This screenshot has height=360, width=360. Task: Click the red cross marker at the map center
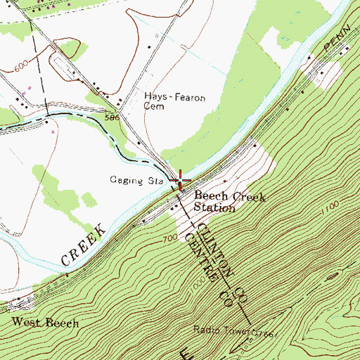coord(180,180)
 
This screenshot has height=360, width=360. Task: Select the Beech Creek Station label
coord(229,202)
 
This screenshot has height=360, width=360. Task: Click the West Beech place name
coord(45,323)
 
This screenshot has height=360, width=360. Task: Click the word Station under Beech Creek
coord(215,208)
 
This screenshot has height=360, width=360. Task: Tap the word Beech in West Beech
coord(62,323)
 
